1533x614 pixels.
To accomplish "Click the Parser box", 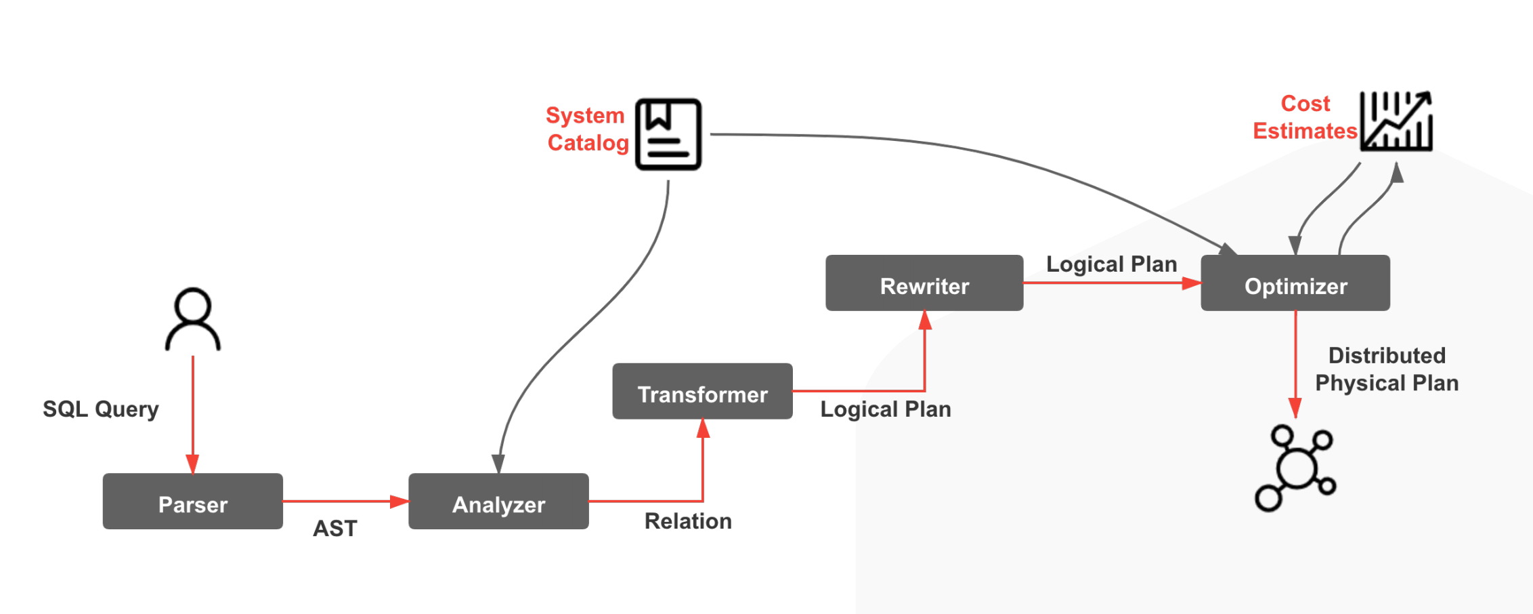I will tap(193, 502).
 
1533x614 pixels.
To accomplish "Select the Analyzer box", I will tap(498, 502).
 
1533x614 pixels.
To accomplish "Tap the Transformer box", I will tap(702, 391).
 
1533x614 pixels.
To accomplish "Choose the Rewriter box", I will tap(924, 283).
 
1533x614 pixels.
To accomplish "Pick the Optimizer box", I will tap(1295, 283).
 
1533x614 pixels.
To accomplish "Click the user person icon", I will tap(193, 319).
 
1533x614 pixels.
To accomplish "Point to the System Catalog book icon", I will tap(668, 134).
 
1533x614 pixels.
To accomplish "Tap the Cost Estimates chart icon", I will tap(1396, 121).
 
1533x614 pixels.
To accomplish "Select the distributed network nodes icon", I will tap(1295, 468).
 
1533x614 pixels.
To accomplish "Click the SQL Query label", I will tap(101, 409).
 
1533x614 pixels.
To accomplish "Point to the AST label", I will tap(334, 529).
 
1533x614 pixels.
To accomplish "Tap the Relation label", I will tap(688, 521).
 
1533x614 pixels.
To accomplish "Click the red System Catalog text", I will tap(586, 129).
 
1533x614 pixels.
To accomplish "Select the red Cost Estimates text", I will tap(1305, 117).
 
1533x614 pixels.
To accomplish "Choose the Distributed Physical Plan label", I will tap(1387, 369).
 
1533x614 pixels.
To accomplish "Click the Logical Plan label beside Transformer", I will tap(886, 409).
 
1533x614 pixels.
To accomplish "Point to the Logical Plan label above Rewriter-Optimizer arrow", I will tap(1111, 264).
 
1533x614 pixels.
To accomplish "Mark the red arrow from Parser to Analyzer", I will tap(345, 502).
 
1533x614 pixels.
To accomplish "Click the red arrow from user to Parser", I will tap(193, 413).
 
